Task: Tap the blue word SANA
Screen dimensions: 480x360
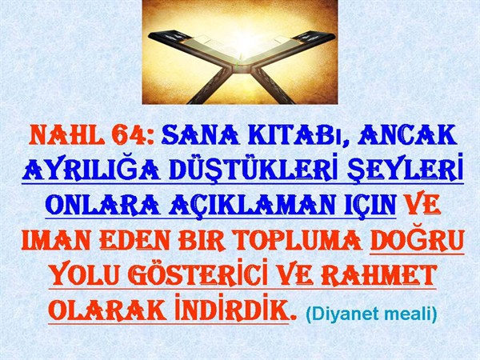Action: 201,135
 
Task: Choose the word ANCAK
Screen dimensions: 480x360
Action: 408,135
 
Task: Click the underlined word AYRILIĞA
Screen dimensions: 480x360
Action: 91,169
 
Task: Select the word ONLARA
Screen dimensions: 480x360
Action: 102,205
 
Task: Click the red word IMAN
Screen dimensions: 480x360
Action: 56,241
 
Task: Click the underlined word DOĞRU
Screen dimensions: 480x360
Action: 418,239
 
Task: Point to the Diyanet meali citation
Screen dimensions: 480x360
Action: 371,314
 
